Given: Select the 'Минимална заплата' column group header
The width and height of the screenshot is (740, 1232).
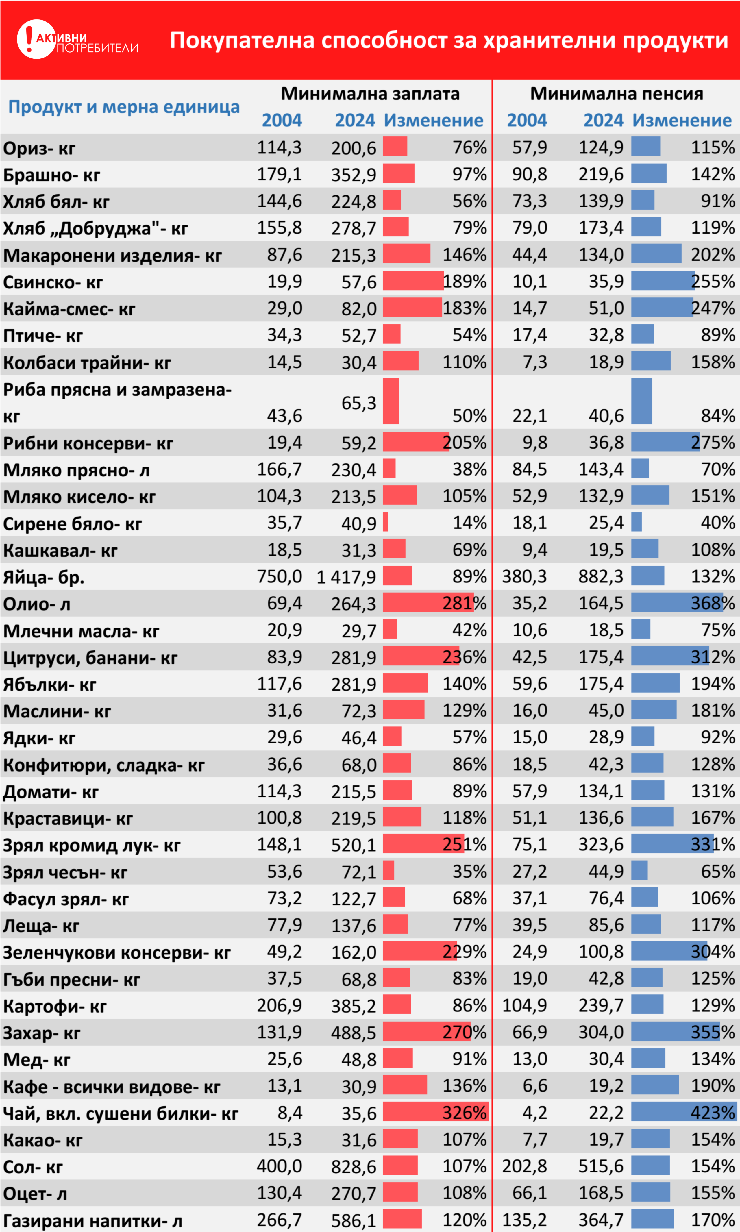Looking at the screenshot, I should coord(370,93).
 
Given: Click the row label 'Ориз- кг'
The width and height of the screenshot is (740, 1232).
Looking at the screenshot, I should coord(39,148).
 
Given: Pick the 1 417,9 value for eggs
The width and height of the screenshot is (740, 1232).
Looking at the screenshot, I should coord(346,577).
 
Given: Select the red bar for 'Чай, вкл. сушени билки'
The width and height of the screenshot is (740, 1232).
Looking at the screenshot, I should coord(435,1112).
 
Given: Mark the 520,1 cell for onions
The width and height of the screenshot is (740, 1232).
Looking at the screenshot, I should coord(354,845).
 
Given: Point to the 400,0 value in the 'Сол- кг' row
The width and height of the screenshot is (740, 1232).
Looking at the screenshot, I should coord(279,1166).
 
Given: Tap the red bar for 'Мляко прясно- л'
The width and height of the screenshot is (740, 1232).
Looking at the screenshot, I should coord(389,469).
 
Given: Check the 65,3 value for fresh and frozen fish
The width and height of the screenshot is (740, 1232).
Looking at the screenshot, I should coord(358,403).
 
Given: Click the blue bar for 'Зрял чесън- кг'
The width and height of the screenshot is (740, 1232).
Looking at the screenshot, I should coord(639,871).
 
